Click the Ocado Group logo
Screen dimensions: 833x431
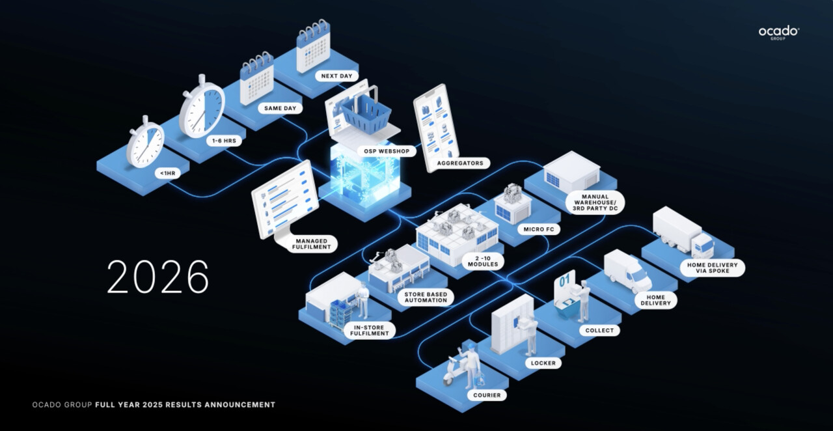(x=778, y=33)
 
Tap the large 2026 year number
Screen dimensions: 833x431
(x=157, y=277)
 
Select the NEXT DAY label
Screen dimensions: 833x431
(x=336, y=76)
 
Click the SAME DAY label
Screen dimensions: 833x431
(x=280, y=108)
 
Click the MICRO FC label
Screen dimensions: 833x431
(x=538, y=229)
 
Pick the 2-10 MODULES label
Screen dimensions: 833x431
(x=482, y=260)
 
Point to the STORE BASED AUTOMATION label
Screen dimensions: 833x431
(x=426, y=296)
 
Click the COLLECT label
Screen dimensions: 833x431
(x=599, y=331)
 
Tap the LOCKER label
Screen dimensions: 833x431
(x=543, y=363)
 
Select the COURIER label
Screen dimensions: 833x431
(x=486, y=395)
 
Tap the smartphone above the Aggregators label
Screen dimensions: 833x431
(x=436, y=127)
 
